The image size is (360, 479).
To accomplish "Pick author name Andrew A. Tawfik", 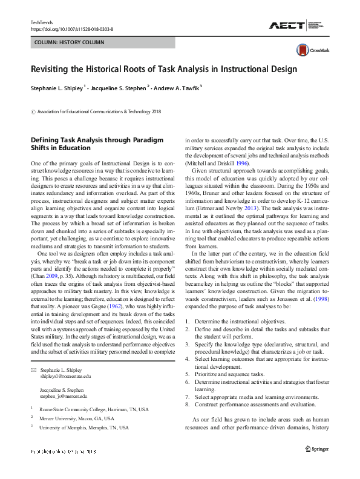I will (176, 87).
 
